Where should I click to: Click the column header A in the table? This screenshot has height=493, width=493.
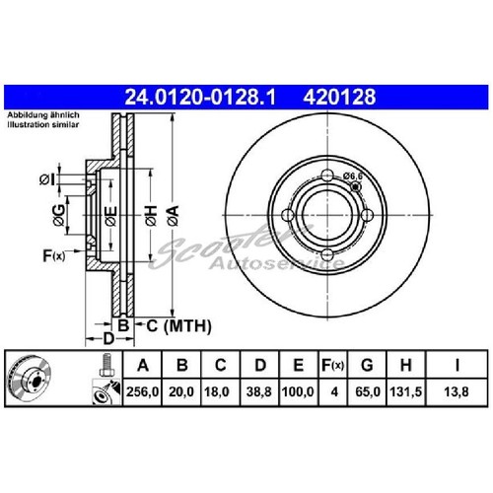tap(144, 369)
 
